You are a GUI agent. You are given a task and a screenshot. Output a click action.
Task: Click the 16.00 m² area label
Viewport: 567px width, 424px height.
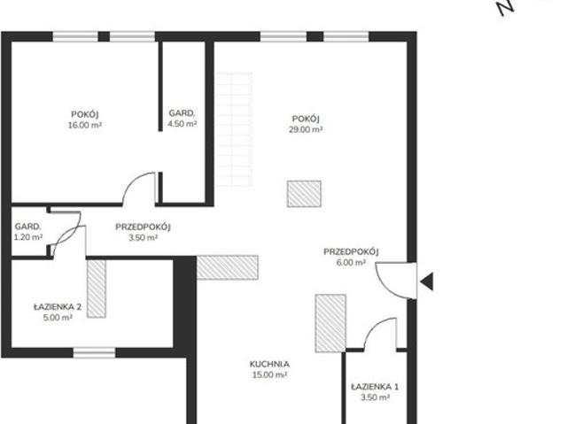click(85, 126)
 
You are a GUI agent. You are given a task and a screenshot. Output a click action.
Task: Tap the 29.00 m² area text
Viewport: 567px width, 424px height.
click(306, 129)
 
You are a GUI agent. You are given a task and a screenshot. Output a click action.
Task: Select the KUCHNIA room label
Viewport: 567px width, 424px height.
click(269, 364)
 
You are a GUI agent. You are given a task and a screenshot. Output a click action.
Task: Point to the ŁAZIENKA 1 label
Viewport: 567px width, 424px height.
click(375, 387)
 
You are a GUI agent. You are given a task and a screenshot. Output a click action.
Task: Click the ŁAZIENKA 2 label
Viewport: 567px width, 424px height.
click(58, 307)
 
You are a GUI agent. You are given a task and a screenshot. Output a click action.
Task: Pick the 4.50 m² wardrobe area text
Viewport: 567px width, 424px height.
click(182, 124)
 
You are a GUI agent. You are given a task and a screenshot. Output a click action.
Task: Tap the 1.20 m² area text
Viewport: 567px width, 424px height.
click(28, 237)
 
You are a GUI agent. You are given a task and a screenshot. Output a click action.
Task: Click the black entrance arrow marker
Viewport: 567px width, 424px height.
click(427, 281)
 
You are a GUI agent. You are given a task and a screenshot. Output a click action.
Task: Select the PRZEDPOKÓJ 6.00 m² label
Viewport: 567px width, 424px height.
click(351, 257)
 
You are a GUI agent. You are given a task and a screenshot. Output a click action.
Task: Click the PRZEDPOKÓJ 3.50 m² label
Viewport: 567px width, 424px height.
click(143, 232)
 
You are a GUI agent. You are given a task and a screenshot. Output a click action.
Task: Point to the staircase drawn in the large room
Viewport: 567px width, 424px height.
click(234, 129)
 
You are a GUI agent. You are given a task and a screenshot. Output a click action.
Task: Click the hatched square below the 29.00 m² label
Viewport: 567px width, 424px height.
click(304, 194)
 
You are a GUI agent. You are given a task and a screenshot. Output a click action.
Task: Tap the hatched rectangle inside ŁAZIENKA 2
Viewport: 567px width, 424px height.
click(97, 289)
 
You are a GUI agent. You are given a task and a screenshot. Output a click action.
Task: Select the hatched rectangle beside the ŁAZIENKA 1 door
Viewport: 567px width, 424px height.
click(330, 323)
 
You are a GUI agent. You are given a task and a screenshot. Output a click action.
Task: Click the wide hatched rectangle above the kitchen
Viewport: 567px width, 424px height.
click(228, 267)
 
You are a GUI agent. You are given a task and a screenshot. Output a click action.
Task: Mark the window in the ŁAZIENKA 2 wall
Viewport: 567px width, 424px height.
click(95, 352)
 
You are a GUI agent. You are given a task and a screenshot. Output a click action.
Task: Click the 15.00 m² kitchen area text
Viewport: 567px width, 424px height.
click(269, 375)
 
